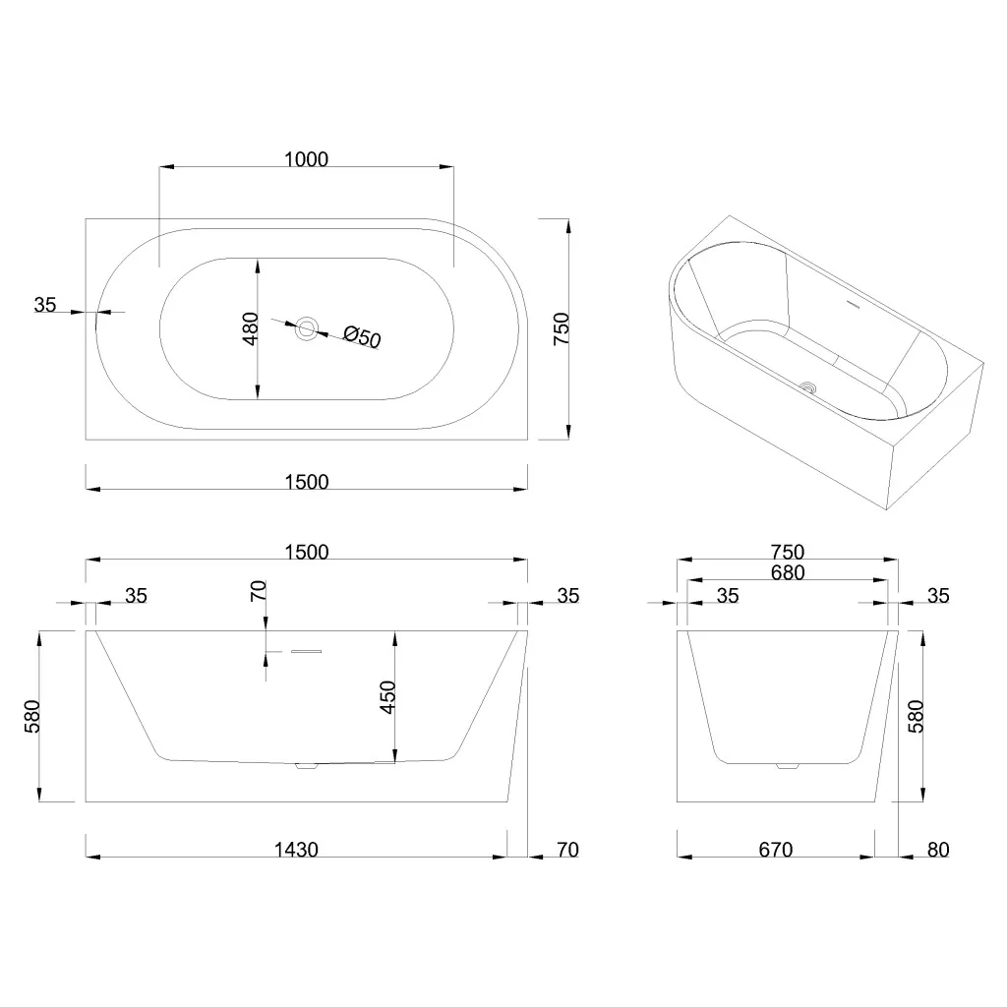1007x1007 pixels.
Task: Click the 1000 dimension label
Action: pos(307,159)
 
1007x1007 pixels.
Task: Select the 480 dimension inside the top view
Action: pos(251,328)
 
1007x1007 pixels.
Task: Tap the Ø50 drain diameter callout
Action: pos(362,336)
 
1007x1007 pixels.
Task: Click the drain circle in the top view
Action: pos(307,328)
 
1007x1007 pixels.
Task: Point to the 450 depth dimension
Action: pos(387,697)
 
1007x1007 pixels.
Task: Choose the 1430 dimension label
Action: pos(296,850)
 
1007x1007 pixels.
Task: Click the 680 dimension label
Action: pos(788,572)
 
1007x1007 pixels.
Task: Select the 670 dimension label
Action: pos(775,850)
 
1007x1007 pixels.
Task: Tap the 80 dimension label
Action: pos(938,850)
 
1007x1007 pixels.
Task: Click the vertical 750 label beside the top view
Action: pos(562,328)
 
